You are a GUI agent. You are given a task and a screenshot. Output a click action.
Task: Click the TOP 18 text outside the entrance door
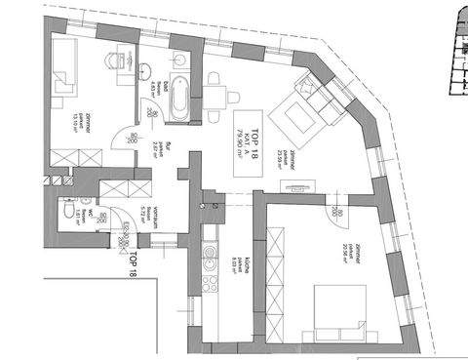[133, 264]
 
